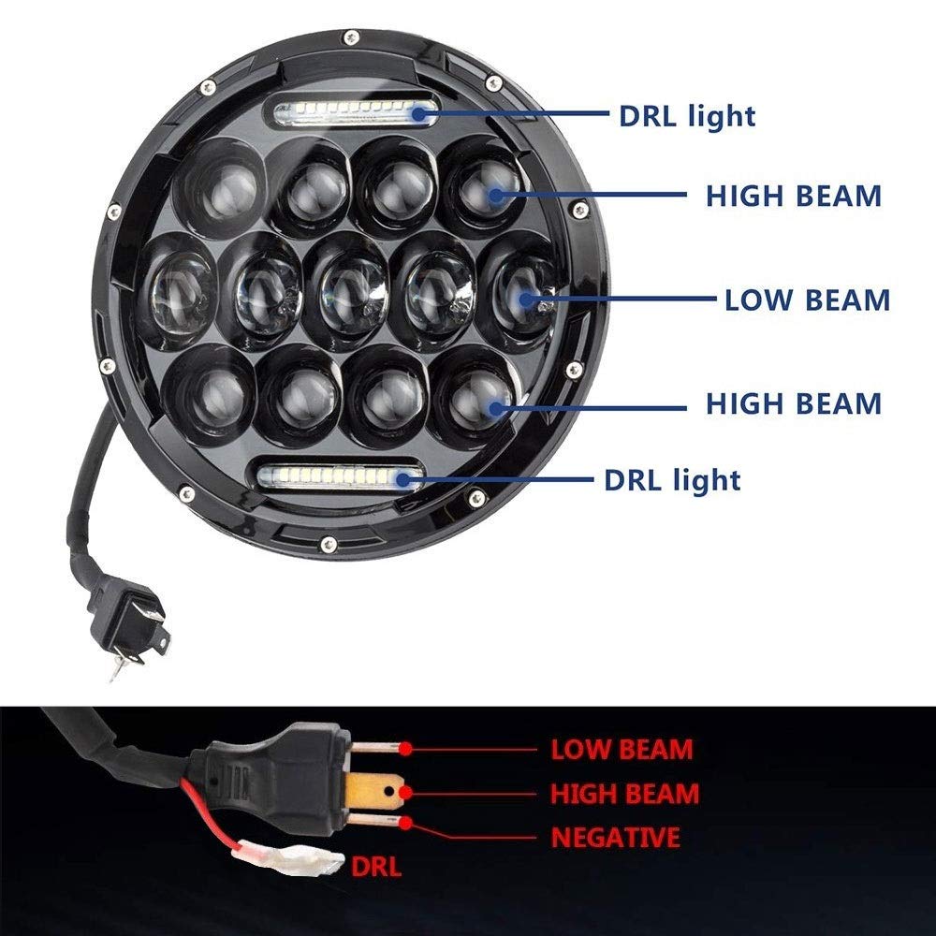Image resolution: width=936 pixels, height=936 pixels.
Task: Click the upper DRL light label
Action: tap(687, 116)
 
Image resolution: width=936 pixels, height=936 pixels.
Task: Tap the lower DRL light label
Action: tap(672, 479)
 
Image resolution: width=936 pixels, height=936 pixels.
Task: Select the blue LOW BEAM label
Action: tap(807, 300)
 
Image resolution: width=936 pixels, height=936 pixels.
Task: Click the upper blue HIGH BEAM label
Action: tap(794, 196)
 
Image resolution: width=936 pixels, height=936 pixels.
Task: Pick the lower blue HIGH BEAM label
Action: tap(794, 403)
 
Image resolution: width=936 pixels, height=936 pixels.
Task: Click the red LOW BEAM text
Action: tap(622, 749)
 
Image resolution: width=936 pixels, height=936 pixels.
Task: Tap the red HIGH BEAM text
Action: tap(624, 794)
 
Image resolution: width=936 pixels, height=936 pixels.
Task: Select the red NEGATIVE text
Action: tap(616, 837)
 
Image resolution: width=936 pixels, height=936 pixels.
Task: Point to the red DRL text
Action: tap(376, 866)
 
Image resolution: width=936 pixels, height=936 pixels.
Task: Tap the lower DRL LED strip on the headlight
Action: tap(338, 475)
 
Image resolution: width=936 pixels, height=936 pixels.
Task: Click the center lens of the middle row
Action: tap(347, 289)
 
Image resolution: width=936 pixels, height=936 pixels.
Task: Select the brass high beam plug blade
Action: tap(373, 793)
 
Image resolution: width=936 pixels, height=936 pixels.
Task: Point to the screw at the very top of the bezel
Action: tap(351, 37)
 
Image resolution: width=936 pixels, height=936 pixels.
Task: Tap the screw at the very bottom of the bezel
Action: tap(329, 543)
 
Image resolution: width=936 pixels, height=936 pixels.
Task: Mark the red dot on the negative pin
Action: tap(406, 823)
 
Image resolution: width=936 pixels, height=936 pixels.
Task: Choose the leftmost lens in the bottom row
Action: tap(209, 395)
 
